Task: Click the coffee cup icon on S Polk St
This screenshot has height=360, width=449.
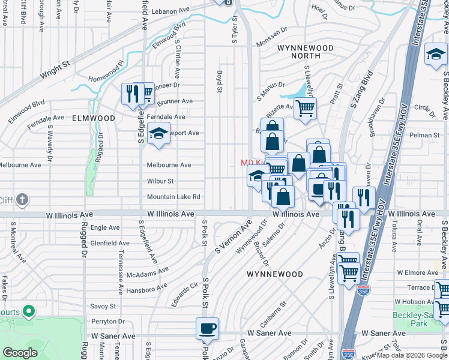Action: click(x=208, y=328)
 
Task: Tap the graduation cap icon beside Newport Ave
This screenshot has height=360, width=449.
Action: click(x=158, y=133)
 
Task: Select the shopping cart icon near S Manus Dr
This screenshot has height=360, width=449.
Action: click(x=306, y=108)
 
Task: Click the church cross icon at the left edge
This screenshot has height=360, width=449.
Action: click(x=22, y=199)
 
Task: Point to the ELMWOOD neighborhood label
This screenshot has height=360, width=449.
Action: click(x=93, y=119)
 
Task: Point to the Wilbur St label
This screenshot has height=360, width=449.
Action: click(x=160, y=181)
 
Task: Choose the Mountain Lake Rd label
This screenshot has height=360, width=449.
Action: click(x=173, y=197)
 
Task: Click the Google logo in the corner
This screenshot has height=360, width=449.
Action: click(x=20, y=353)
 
